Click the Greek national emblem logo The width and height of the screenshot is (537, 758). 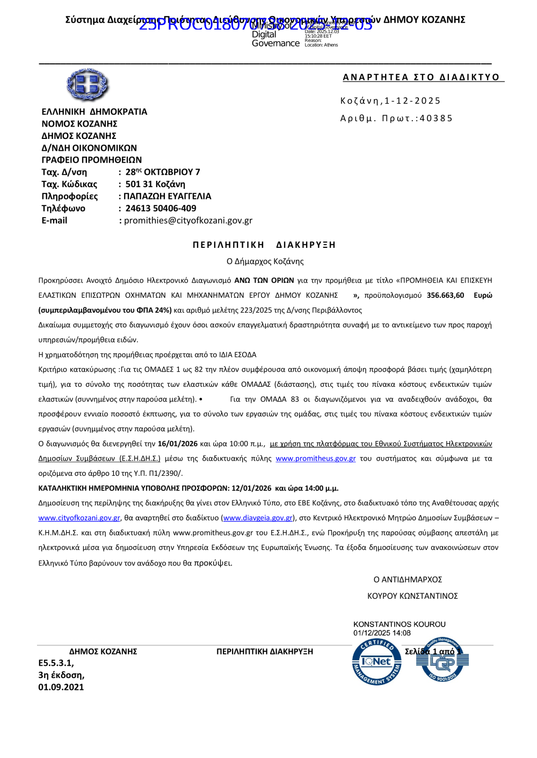tap(87, 85)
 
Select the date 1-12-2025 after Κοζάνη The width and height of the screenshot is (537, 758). tap(412, 101)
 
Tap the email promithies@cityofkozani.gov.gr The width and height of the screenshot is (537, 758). tap(188, 220)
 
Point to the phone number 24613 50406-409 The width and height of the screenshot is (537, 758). tap(161, 208)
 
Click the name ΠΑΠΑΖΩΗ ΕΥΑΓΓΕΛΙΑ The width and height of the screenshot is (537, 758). tap(168, 196)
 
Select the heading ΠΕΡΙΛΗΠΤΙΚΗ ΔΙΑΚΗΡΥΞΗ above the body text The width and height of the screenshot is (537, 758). tap(264, 245)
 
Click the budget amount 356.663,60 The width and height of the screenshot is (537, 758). tap(445, 295)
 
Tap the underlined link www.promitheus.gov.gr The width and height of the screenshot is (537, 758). tap(316, 459)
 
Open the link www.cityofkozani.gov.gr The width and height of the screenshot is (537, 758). tap(79, 518)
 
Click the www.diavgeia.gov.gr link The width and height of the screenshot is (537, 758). tap(258, 518)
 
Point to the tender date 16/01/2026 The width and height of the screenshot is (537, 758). tap(178, 444)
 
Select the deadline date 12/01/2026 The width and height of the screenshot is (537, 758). tap(251, 488)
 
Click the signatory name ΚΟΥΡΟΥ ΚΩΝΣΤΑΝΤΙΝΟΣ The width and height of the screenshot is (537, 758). tap(412, 596)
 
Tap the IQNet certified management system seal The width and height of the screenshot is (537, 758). tap(376, 662)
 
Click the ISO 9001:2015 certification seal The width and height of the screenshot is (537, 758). tap(442, 660)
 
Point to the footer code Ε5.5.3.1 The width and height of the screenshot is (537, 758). tap(56, 663)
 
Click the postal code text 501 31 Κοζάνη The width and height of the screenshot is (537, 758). tap(155, 184)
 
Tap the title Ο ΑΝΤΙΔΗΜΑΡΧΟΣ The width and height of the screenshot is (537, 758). tap(408, 580)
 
